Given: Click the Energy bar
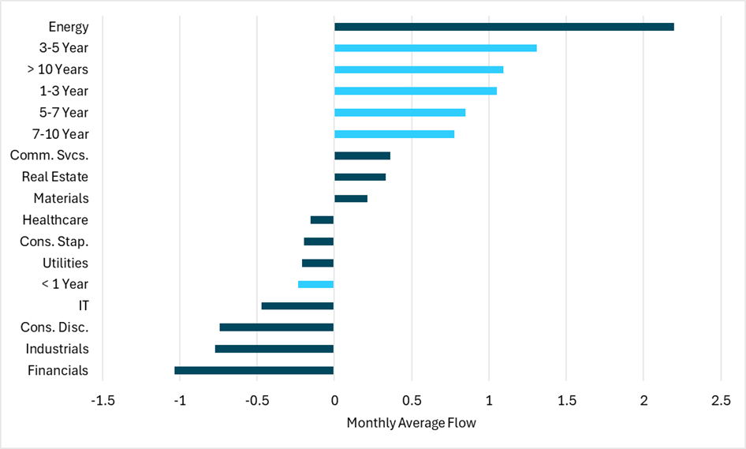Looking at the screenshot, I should (504, 27).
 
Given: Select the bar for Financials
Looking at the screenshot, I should (254, 370).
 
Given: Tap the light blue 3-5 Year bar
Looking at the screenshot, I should (435, 48).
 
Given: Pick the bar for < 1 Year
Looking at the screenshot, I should (315, 284).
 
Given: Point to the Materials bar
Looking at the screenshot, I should (351, 198).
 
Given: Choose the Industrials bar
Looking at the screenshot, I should (274, 349).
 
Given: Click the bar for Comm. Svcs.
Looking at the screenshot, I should (362, 155).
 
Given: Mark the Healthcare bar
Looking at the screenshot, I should (322, 220).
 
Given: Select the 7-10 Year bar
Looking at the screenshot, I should (394, 134).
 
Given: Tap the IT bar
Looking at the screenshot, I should (297, 305).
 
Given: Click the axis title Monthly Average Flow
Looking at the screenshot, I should (411, 423).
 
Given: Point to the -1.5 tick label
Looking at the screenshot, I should (103, 400).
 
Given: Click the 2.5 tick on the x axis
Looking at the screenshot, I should (720, 400).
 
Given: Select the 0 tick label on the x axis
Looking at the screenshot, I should (334, 400).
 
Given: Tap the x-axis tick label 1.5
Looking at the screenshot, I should (565, 400).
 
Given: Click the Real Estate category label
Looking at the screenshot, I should (55, 177).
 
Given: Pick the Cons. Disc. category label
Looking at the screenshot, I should (54, 327).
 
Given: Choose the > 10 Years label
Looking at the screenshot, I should (58, 69).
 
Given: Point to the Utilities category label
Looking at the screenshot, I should (65, 263).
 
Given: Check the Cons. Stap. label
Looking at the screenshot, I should (54, 241).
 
